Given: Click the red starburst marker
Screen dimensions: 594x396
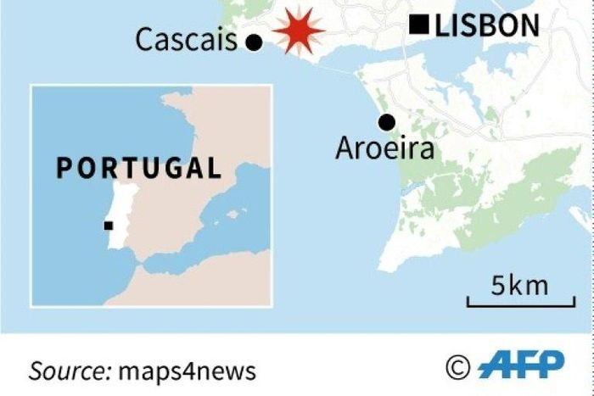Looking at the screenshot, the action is pyautogui.click(x=297, y=30).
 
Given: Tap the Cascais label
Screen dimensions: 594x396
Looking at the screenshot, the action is pyautogui.click(x=187, y=40).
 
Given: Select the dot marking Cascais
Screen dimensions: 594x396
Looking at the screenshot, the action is pyautogui.click(x=253, y=42).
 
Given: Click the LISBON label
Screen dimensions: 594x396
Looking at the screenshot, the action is pyautogui.click(x=486, y=26).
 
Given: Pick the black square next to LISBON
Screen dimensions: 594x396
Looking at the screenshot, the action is pyautogui.click(x=418, y=25).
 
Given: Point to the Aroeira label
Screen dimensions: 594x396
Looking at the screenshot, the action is pyautogui.click(x=384, y=149).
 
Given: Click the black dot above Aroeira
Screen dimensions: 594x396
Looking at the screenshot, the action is pyautogui.click(x=387, y=122).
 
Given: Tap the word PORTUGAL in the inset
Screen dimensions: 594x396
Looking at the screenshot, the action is pyautogui.click(x=138, y=167).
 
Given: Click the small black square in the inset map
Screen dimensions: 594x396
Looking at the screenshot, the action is pyautogui.click(x=109, y=225).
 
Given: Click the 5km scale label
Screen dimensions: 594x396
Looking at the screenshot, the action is pyautogui.click(x=519, y=286).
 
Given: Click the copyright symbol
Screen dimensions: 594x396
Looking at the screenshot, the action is pyautogui.click(x=457, y=366).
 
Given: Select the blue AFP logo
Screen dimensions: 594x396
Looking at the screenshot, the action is pyautogui.click(x=520, y=365).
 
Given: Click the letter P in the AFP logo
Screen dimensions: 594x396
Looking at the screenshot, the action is pyautogui.click(x=549, y=365).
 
